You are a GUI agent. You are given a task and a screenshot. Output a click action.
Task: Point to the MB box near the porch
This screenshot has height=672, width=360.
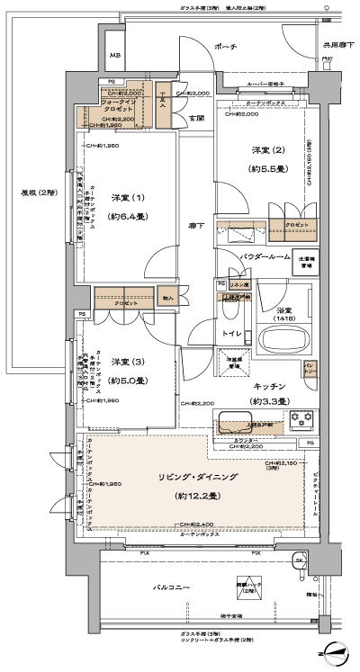[x=115, y=56]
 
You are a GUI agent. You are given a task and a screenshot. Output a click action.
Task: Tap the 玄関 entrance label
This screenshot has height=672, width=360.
[x=195, y=118]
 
